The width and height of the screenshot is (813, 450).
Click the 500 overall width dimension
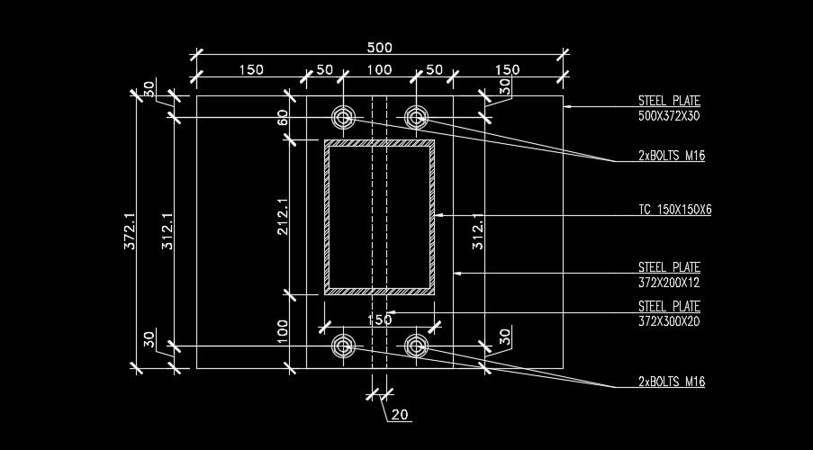pos(379,48)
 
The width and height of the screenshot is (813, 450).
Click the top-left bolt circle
pos(344,117)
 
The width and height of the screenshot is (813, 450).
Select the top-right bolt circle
pos(415,117)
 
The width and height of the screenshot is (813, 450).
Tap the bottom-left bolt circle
pos(344,345)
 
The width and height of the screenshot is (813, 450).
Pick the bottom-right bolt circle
pos(415,345)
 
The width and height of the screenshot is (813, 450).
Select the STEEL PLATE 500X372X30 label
pos(669,108)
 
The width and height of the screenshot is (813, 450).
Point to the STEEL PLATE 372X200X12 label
pos(669,274)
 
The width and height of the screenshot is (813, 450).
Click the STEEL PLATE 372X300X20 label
pos(669,313)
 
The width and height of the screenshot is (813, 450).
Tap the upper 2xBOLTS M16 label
pos(671,156)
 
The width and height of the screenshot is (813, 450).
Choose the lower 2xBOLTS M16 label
pos(671,382)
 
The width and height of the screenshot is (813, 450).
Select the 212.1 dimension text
pos(282,217)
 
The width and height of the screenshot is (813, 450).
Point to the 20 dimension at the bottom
pos(400,415)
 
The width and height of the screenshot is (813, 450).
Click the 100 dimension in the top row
pos(379,69)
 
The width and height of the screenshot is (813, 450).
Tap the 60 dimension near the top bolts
pos(282,118)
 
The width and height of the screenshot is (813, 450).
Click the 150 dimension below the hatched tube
pos(379,319)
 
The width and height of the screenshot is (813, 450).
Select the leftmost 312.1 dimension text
pos(167,231)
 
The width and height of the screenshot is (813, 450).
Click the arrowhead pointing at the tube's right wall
pos(441,216)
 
